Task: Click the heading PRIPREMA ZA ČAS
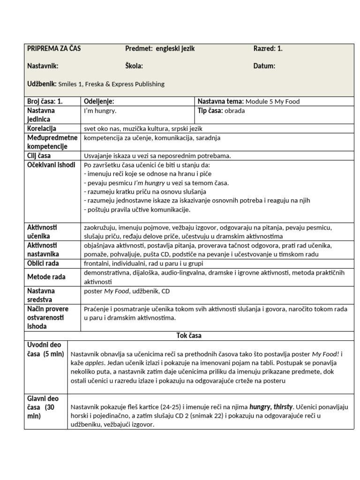pyautogui.click(x=54, y=48)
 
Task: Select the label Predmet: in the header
pyautogui.click(x=139, y=48)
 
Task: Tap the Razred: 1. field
pyautogui.click(x=268, y=48)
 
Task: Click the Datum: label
pyautogui.click(x=264, y=66)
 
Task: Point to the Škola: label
pyautogui.click(x=134, y=66)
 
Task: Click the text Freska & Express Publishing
pyautogui.click(x=126, y=84)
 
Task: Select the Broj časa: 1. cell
pyautogui.click(x=45, y=101)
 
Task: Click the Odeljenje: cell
pyautogui.click(x=99, y=101)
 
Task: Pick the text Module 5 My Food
pyautogui.click(x=272, y=101)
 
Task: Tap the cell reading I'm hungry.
pyautogui.click(x=100, y=111)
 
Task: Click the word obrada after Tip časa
pyautogui.click(x=234, y=111)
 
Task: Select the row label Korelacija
pyautogui.click(x=42, y=128)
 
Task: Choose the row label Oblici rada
pyautogui.click(x=44, y=263)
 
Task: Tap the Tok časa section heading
pyautogui.click(x=188, y=336)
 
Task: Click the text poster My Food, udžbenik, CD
pyautogui.click(x=127, y=291)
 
